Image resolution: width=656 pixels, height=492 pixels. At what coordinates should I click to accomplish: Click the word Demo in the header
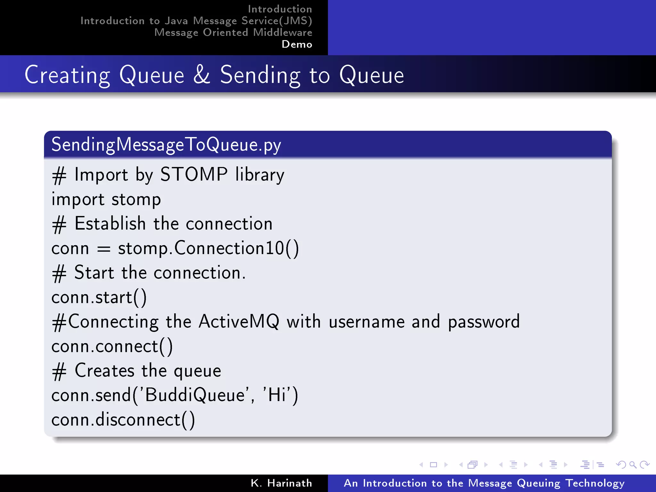[297, 44]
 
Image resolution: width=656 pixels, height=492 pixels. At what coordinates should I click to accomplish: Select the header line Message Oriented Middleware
[233, 32]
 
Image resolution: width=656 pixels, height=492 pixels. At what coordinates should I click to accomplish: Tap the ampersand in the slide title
[202, 75]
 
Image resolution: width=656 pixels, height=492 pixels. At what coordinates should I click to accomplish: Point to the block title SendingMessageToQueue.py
[166, 145]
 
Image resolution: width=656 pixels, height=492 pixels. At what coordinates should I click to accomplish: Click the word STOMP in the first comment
[194, 175]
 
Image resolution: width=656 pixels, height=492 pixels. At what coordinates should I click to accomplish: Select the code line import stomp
[106, 200]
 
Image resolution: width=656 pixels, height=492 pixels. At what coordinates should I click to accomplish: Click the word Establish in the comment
[110, 224]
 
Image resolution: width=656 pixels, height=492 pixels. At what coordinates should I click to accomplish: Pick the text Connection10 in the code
[229, 248]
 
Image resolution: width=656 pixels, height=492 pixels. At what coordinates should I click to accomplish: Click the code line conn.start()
[99, 298]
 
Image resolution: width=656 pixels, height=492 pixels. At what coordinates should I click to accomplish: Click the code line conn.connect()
[112, 347]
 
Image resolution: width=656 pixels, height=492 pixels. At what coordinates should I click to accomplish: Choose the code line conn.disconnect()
[123, 420]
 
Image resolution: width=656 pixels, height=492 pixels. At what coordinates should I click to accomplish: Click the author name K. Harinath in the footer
[281, 483]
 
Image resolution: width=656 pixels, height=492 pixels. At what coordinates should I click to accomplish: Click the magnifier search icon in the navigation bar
[633, 464]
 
